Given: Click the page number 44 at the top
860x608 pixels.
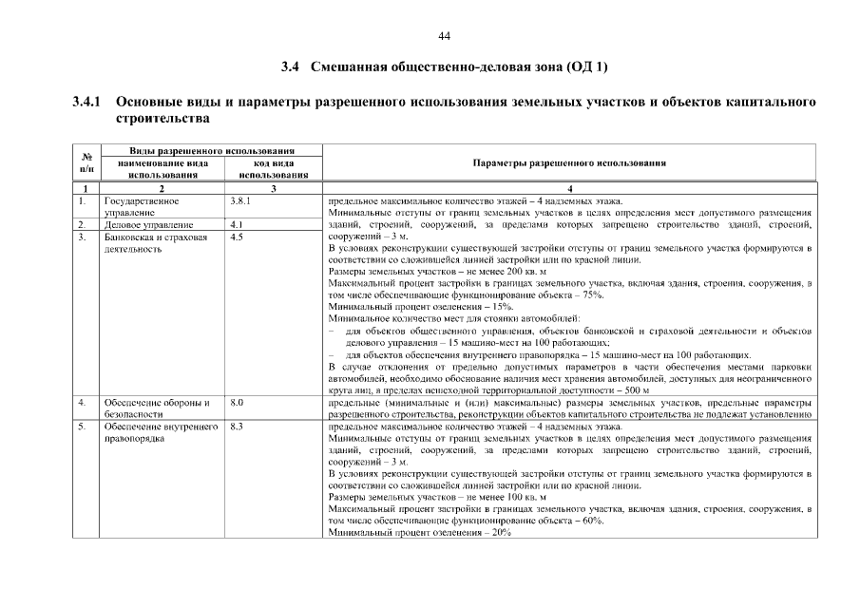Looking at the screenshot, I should tap(444, 36).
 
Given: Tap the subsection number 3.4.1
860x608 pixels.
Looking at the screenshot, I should tap(86, 101).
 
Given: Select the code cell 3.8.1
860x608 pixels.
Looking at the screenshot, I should tap(240, 201).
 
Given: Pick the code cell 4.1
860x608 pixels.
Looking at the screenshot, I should tap(238, 225).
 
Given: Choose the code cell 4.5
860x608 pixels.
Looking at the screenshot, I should tap(238, 237).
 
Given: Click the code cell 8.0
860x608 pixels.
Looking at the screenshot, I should tap(238, 403).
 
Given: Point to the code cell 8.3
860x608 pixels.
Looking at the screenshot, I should tap(238, 427).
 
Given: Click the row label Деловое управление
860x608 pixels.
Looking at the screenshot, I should tap(147, 225).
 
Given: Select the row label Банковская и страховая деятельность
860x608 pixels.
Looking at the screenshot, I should tap(155, 242).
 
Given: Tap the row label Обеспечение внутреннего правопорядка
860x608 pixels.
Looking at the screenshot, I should tap(156, 432).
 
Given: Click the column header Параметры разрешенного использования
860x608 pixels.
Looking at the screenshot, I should tap(568, 162).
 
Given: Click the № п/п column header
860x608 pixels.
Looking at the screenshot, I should tap(86, 162).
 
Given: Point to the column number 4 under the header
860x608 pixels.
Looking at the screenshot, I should tap(568, 190).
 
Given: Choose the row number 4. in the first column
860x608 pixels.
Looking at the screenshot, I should tap(84, 403).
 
